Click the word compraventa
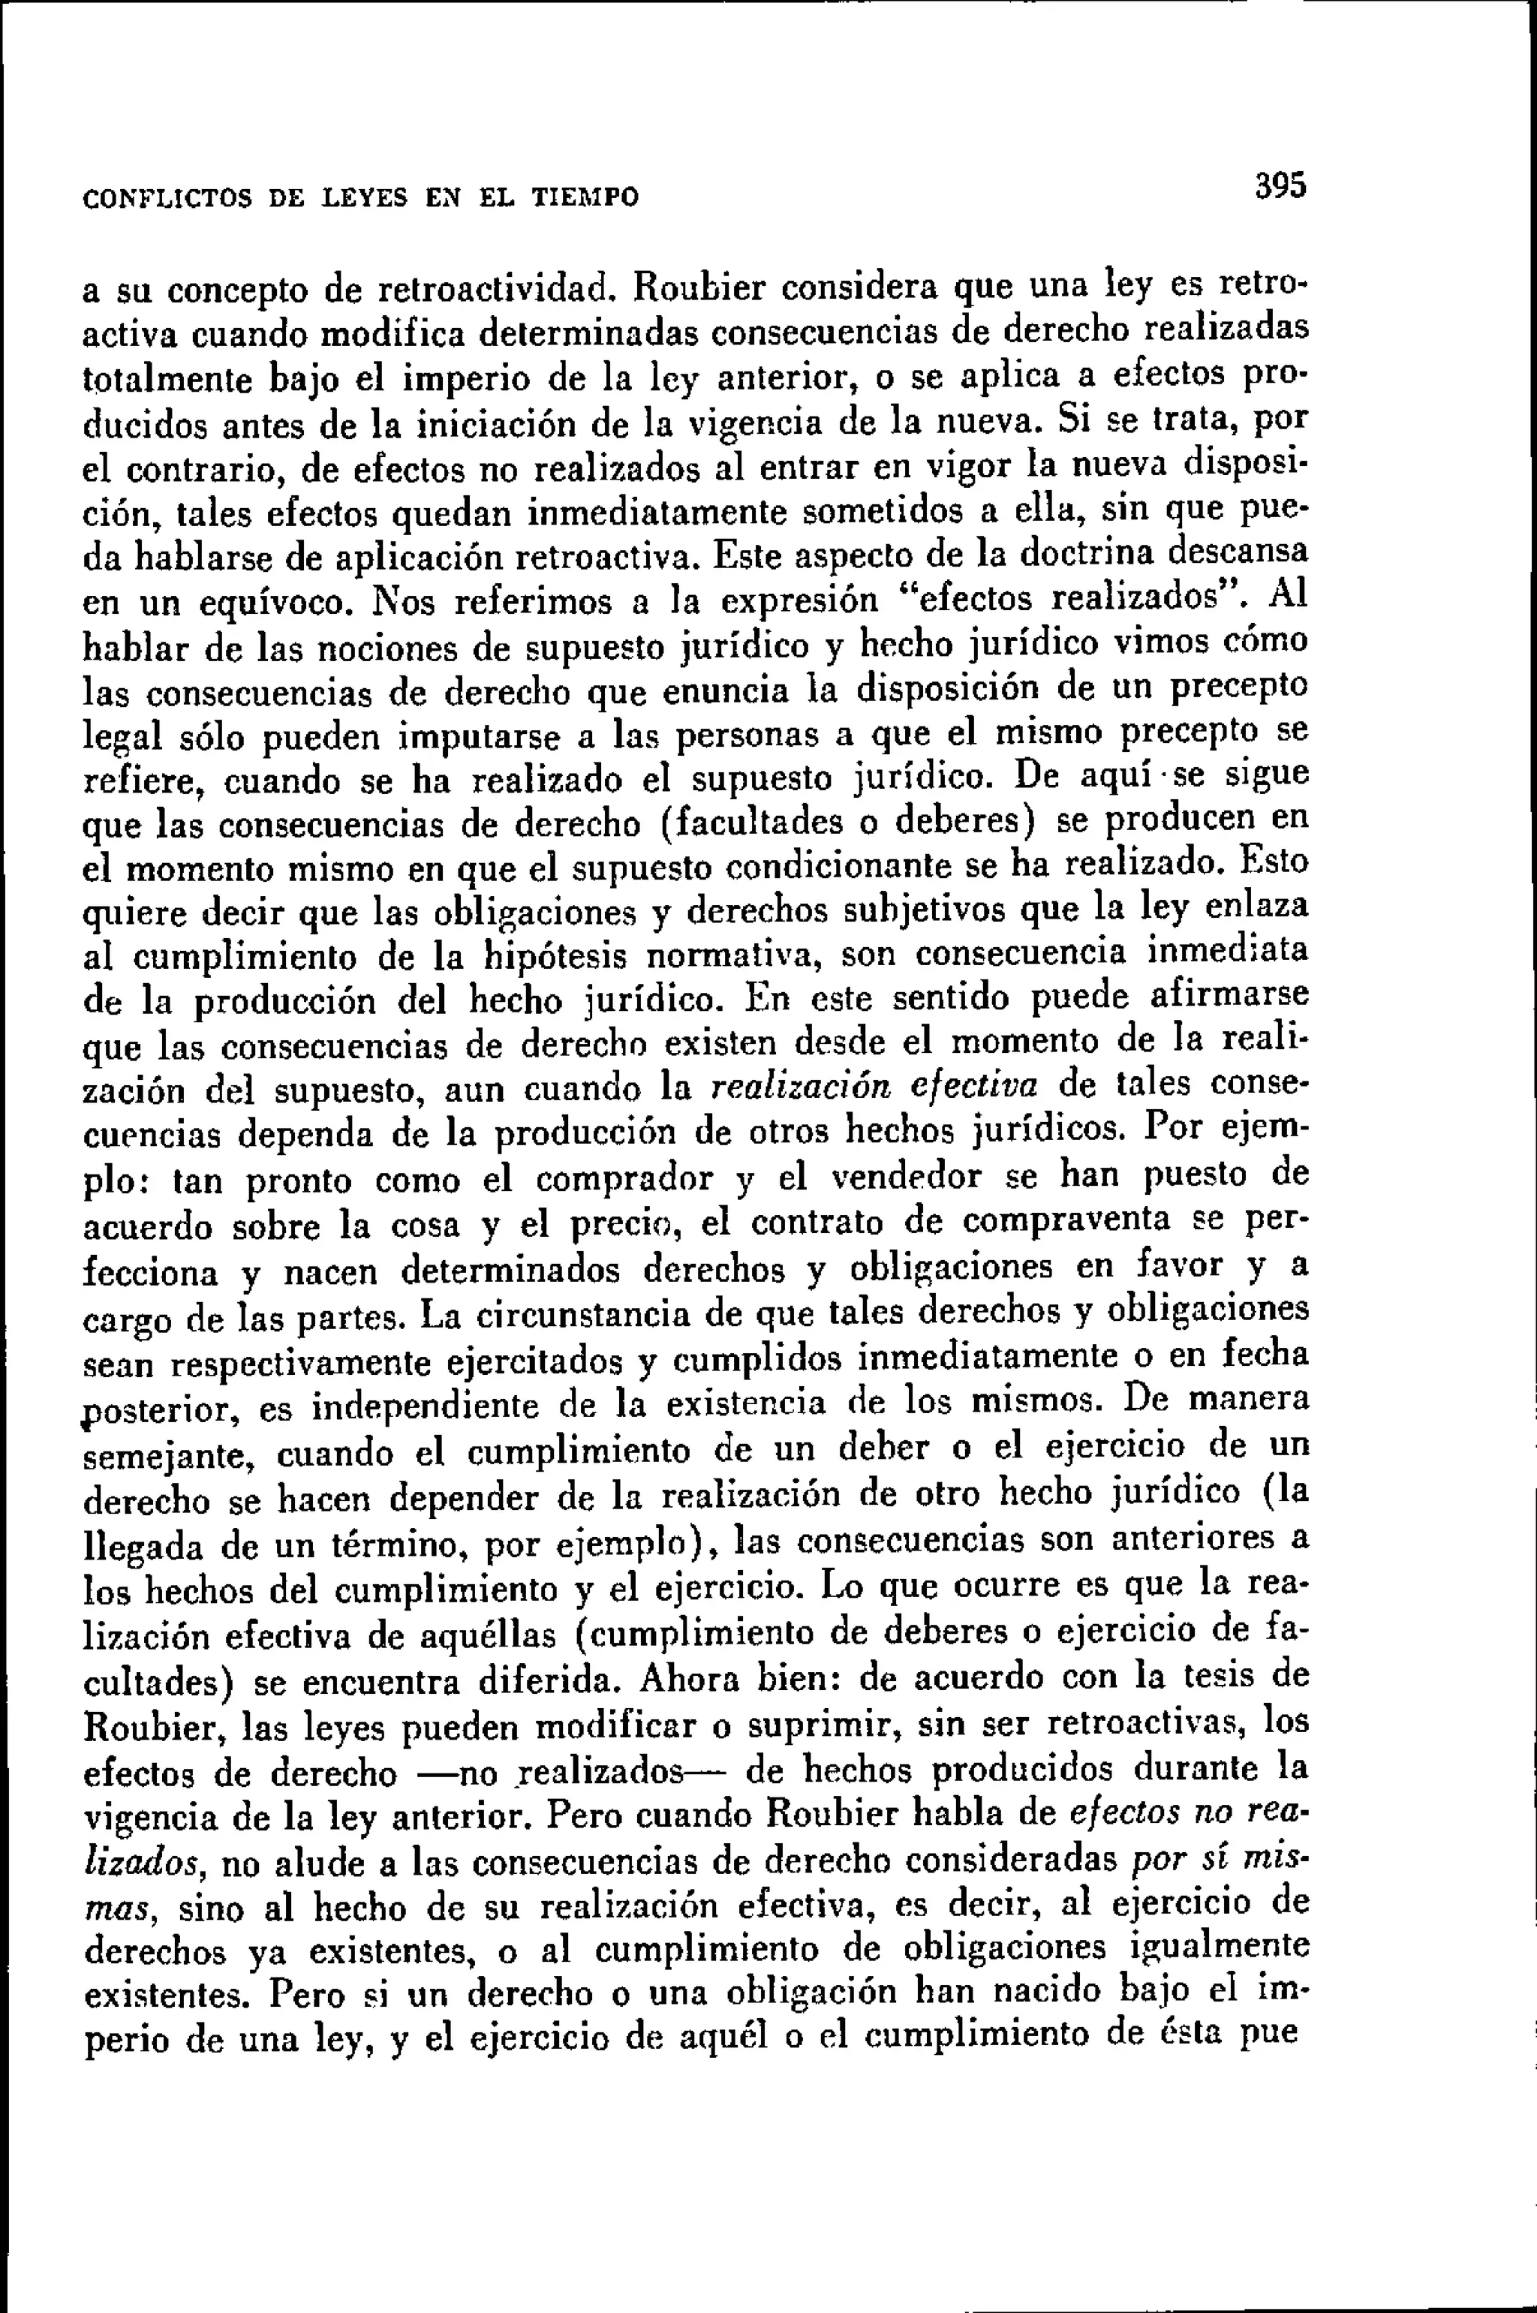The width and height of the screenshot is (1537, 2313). click(1066, 1221)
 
